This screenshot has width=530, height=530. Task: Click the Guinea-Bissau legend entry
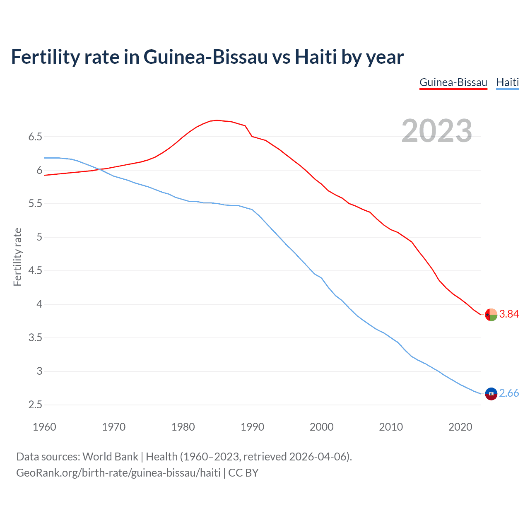453,82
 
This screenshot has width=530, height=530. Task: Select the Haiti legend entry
507,82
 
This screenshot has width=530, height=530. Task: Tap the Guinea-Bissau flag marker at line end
491,315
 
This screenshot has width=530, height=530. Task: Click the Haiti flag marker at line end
491,394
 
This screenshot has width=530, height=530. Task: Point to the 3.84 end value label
509,314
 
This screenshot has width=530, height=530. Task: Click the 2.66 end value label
509,393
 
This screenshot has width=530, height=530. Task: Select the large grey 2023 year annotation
437,131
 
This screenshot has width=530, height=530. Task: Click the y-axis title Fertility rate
17,257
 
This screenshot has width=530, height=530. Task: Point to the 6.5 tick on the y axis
35,137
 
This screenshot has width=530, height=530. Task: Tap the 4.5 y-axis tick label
35,271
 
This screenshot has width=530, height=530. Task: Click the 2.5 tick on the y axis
35,405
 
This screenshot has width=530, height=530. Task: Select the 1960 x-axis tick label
44,427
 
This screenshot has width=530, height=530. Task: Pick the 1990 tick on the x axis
252,427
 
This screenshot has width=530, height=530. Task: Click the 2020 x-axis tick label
460,427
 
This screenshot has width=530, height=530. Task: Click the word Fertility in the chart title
44,57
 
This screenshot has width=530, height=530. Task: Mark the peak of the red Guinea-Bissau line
217,120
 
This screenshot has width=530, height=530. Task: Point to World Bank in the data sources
110,457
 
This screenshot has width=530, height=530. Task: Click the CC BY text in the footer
243,473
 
